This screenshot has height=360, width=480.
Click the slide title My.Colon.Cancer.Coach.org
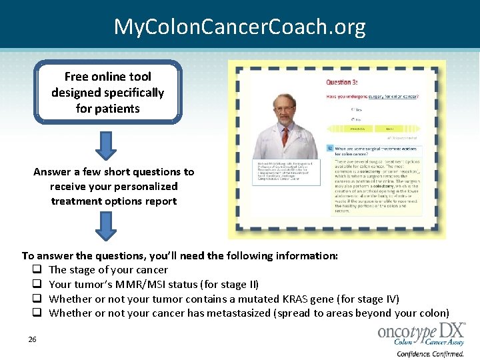click(239, 27)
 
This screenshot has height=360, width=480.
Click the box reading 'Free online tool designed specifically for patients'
click(107, 93)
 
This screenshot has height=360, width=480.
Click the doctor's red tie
click(285, 137)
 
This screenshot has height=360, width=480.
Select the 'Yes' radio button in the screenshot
click(353, 110)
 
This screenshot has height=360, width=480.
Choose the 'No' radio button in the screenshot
click(353, 120)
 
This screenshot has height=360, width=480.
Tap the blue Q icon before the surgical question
click(330, 148)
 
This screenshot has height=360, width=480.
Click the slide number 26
click(32, 340)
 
